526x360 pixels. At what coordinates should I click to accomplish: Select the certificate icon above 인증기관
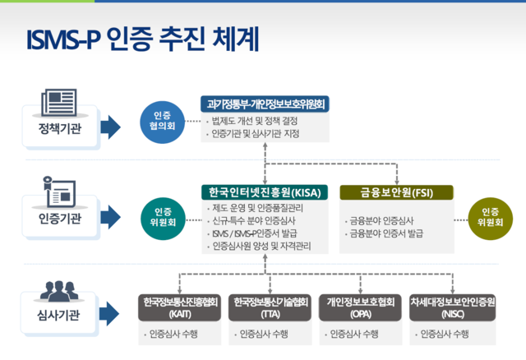pos(59,192)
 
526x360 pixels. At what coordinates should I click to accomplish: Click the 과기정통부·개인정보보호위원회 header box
pos(264,104)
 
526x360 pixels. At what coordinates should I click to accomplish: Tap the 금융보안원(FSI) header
pos(396,193)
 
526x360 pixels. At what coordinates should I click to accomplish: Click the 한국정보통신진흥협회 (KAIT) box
pos(179,307)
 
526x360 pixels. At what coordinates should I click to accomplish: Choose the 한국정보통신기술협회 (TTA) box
pos(270,307)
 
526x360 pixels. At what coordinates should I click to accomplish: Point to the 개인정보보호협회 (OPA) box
pos(360,307)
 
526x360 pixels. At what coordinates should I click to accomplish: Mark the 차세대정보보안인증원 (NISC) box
pos(452,307)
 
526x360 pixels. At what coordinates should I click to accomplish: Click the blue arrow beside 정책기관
pos(109,128)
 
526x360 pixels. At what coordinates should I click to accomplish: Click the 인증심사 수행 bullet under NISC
pos(444,335)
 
